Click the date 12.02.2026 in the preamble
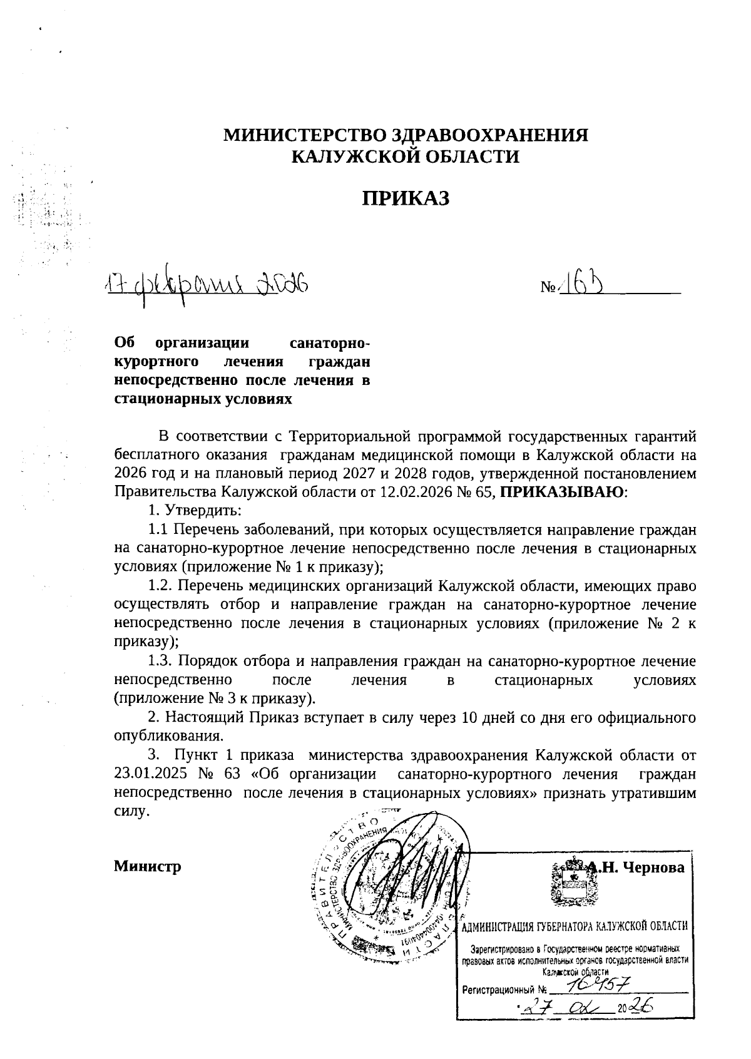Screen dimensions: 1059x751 [414, 492]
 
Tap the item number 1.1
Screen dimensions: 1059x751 [159, 530]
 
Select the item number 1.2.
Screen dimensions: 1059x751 [160, 586]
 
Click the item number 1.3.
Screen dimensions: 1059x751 [160, 662]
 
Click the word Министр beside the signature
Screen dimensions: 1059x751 [148, 867]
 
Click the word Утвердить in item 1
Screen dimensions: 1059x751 [200, 511]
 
